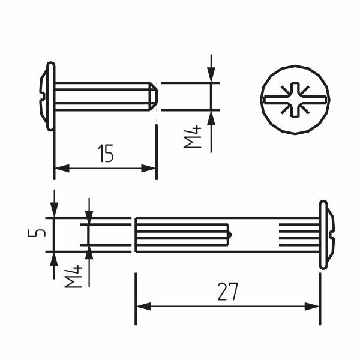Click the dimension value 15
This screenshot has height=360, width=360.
tap(105, 154)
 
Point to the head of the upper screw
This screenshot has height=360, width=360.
tap(48, 96)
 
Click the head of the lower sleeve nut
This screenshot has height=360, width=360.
tap(325, 235)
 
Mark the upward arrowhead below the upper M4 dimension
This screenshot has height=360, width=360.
tap(211, 117)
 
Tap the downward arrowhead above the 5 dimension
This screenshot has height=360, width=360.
tap(54, 210)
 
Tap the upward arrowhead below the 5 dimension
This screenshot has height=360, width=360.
tap(54, 259)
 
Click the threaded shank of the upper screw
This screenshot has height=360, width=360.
tap(102, 96)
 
